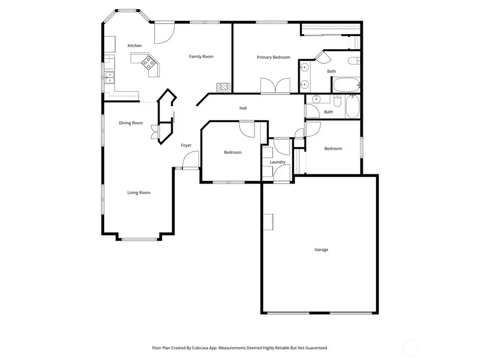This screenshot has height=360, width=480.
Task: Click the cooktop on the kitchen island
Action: click(149, 63)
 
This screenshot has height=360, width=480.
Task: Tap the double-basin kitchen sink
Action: click(109, 77)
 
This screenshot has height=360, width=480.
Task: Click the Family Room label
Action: click(201, 57)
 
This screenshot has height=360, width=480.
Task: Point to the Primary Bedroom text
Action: click(273, 57)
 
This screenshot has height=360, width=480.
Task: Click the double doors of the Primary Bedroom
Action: click(275, 86)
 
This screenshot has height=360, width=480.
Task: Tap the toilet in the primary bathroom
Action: click(354, 60)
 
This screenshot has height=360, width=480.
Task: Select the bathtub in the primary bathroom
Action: click(347, 84)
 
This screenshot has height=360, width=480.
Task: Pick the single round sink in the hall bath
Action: click(316, 99)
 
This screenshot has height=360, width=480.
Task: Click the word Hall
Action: click(243, 108)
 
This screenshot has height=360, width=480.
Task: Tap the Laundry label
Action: click(277, 162)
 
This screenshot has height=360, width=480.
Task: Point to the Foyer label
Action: click(186, 145)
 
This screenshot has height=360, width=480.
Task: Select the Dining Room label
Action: click(131, 123)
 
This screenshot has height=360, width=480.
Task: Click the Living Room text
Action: click(138, 193)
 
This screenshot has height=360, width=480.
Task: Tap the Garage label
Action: click(321, 250)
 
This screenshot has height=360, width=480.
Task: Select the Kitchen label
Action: click(134, 46)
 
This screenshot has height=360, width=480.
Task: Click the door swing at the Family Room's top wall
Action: click(164, 33)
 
